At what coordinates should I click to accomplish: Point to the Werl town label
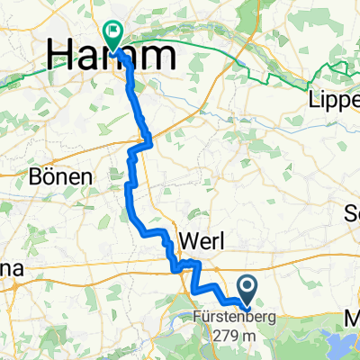point(208,241)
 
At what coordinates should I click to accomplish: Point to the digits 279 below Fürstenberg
point(225,336)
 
